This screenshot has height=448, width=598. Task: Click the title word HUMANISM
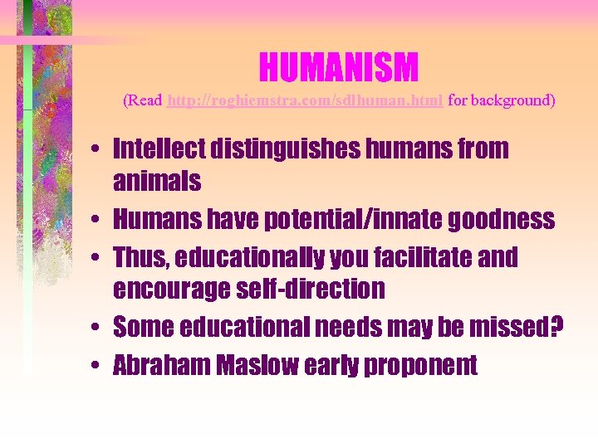coord(338,67)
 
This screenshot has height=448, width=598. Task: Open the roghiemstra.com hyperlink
coord(306,100)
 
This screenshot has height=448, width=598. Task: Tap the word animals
coord(157,181)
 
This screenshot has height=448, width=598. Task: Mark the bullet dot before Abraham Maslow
coord(98,366)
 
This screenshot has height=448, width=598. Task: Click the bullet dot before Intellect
coord(98,150)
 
